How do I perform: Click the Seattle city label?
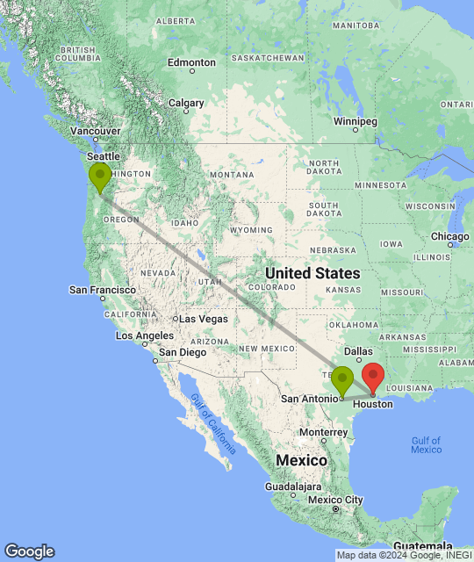click(x=103, y=156)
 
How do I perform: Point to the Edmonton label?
click(x=191, y=62)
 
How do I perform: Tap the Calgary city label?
click(x=186, y=103)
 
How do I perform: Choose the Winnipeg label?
click(x=355, y=120)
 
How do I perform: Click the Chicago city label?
click(x=450, y=236)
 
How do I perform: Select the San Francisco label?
click(x=103, y=290)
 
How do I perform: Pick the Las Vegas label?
click(x=204, y=319)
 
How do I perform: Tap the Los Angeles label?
click(x=145, y=335)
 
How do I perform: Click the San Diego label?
click(x=182, y=352)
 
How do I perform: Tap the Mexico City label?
click(x=335, y=500)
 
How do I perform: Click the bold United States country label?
click(x=312, y=273)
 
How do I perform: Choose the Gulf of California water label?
click(x=213, y=423)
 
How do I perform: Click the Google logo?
click(x=28, y=551)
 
